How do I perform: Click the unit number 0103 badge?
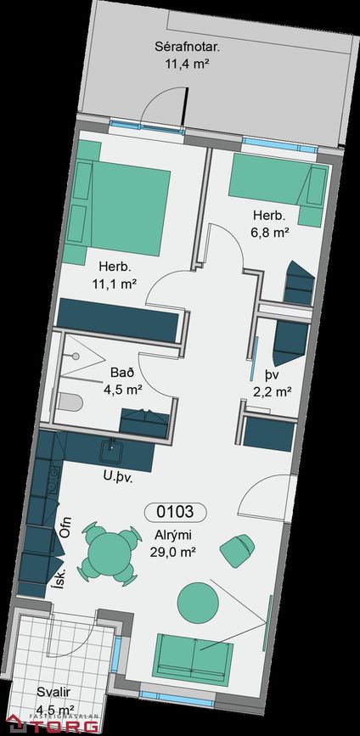click(x=175, y=512)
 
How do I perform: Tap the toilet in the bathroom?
click(x=70, y=402)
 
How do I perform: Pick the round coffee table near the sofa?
click(x=199, y=603)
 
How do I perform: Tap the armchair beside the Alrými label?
click(x=238, y=549)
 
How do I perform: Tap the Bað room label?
click(x=122, y=374)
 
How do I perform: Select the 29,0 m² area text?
click(x=172, y=552)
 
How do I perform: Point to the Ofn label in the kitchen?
click(x=65, y=526)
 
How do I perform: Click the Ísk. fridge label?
click(x=57, y=582)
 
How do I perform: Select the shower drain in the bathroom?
click(x=76, y=357)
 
